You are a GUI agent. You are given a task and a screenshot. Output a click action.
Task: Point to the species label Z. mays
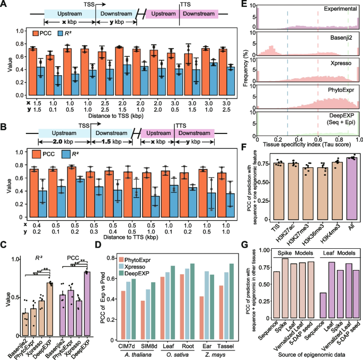pyautogui.click(x=216, y=355)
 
